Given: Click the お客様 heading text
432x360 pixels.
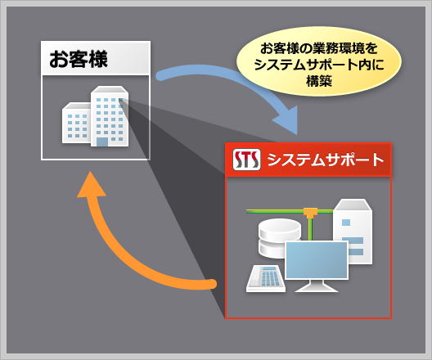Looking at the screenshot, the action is click(79, 59).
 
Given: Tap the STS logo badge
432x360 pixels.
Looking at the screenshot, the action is click(246, 160).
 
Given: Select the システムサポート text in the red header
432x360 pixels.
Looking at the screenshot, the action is click(326, 160).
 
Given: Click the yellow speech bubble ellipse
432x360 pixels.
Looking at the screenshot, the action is click(319, 61).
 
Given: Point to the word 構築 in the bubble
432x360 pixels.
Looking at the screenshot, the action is click(319, 81).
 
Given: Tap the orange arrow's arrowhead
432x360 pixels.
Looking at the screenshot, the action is click(91, 185).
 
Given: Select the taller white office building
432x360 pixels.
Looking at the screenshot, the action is click(110, 116).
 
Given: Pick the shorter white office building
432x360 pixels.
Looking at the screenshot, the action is click(77, 123).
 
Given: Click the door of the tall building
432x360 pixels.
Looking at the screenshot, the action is click(102, 142).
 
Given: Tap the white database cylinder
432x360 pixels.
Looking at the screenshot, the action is click(279, 238).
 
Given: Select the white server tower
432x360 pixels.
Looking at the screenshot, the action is click(353, 232).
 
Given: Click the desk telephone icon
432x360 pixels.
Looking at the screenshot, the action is click(266, 278).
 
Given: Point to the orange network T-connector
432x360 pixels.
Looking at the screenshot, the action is click(311, 213).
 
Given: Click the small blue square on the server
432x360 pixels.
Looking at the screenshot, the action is click(346, 223).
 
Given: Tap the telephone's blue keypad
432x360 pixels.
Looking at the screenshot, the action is click(270, 277).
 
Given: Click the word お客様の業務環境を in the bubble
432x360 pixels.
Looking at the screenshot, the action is click(319, 48).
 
